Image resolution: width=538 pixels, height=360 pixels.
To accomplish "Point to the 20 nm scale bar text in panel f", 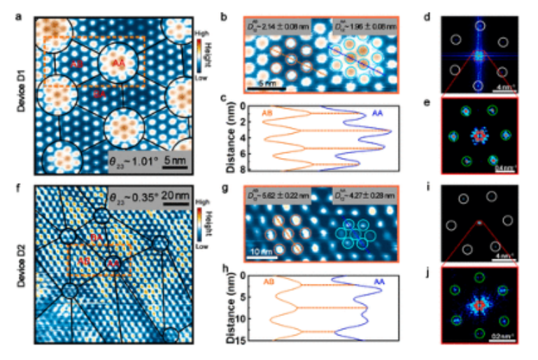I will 172,198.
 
